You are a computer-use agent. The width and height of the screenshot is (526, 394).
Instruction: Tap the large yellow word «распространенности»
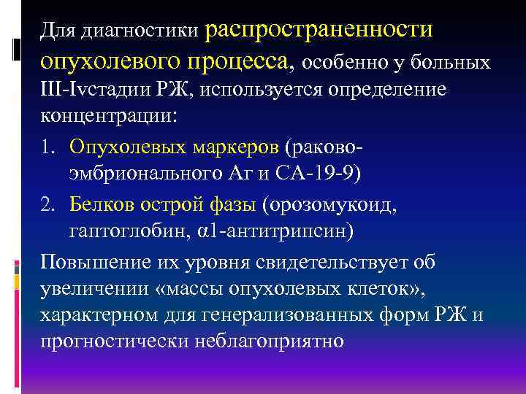pyautogui.click(x=320, y=29)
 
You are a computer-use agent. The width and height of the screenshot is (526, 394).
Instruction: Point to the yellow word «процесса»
pyautogui.click(x=241, y=61)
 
